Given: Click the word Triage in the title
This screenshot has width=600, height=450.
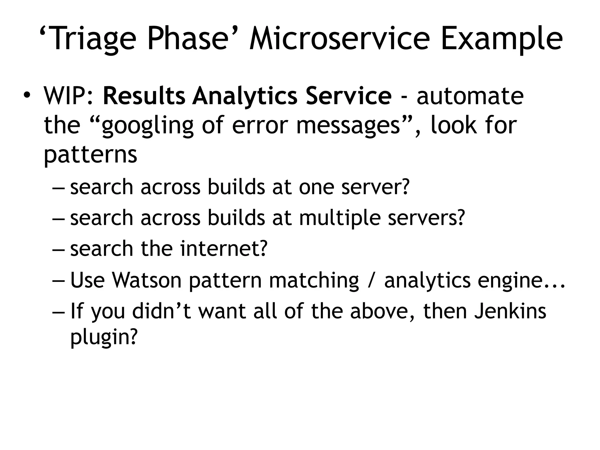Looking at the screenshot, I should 91,39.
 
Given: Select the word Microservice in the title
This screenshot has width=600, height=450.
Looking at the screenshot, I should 340,39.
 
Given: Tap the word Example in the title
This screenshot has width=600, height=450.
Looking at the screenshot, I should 501,39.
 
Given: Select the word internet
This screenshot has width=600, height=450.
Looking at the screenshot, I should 224,248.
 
